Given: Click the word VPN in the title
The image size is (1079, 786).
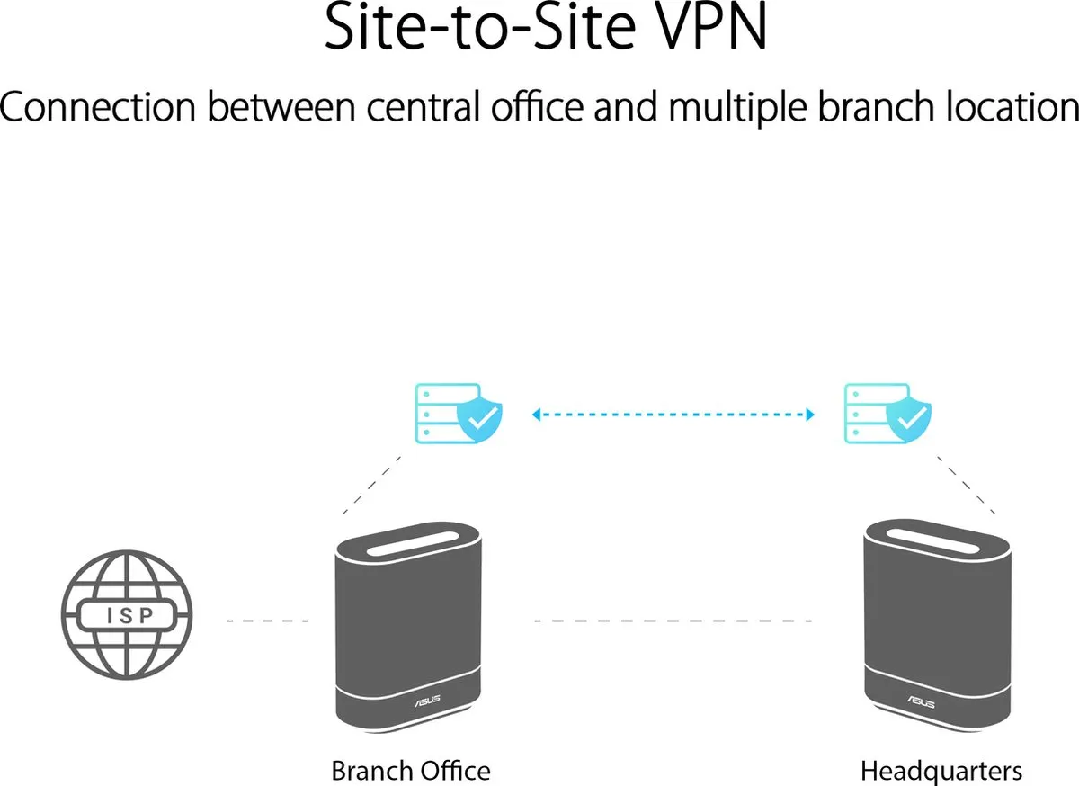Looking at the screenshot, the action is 710,27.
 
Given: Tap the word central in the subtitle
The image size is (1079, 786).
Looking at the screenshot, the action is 424,106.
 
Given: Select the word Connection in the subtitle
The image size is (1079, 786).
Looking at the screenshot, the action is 98,106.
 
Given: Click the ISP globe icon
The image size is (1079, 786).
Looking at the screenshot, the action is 127,615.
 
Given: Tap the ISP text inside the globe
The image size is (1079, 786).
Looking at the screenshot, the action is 130,615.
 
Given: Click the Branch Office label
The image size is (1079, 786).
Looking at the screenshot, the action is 411,770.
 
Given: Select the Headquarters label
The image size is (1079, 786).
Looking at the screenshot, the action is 941,772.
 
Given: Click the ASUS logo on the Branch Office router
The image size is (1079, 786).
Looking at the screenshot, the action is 427,701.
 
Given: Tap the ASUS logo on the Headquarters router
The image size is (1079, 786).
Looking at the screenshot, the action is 921,701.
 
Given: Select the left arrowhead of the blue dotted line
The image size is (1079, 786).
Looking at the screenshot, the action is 536,415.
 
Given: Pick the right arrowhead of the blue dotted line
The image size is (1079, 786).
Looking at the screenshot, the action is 810,415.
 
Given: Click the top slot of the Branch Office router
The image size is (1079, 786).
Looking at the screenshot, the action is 412,544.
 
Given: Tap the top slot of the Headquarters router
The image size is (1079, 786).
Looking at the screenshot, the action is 932,541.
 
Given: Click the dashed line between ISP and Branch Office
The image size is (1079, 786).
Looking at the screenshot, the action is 268,621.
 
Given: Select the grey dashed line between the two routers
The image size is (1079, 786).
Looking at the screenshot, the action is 673,621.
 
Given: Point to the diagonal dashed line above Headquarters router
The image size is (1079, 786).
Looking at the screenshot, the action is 966,485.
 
